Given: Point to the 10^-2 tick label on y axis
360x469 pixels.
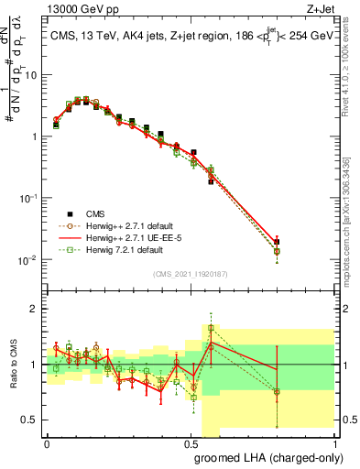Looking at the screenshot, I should pos(27,259).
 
